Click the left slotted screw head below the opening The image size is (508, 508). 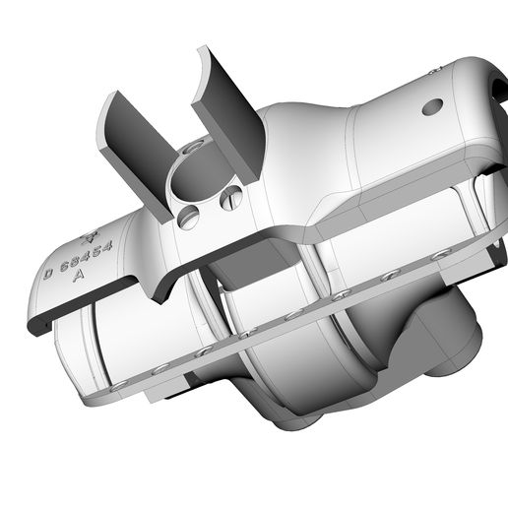click(190, 217)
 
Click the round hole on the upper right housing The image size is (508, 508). click(431, 106)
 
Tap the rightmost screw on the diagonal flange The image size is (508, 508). click(440, 254)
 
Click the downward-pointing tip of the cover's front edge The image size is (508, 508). click(161, 299)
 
